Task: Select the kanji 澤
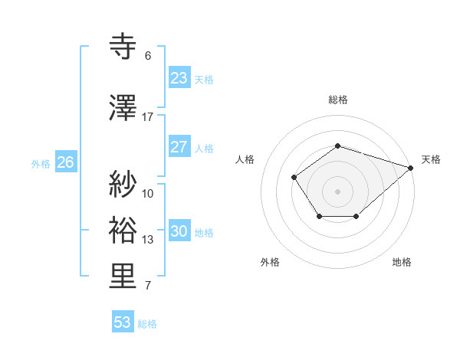point(123,109)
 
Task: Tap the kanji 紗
point(123,185)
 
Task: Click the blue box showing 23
point(179,78)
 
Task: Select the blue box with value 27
point(179,147)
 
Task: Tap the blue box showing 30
point(179,231)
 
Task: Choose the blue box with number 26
point(65,162)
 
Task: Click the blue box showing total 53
point(122,322)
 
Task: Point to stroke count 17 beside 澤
point(148,117)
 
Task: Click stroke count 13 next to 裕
point(148,240)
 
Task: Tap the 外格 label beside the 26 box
point(40,163)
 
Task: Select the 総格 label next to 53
point(147,324)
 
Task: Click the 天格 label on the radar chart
point(431,159)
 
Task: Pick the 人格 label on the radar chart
point(245,159)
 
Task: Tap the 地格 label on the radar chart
point(402,262)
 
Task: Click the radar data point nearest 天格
point(412,168)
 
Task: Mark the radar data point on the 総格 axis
point(337,146)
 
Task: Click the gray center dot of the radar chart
point(337,191)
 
